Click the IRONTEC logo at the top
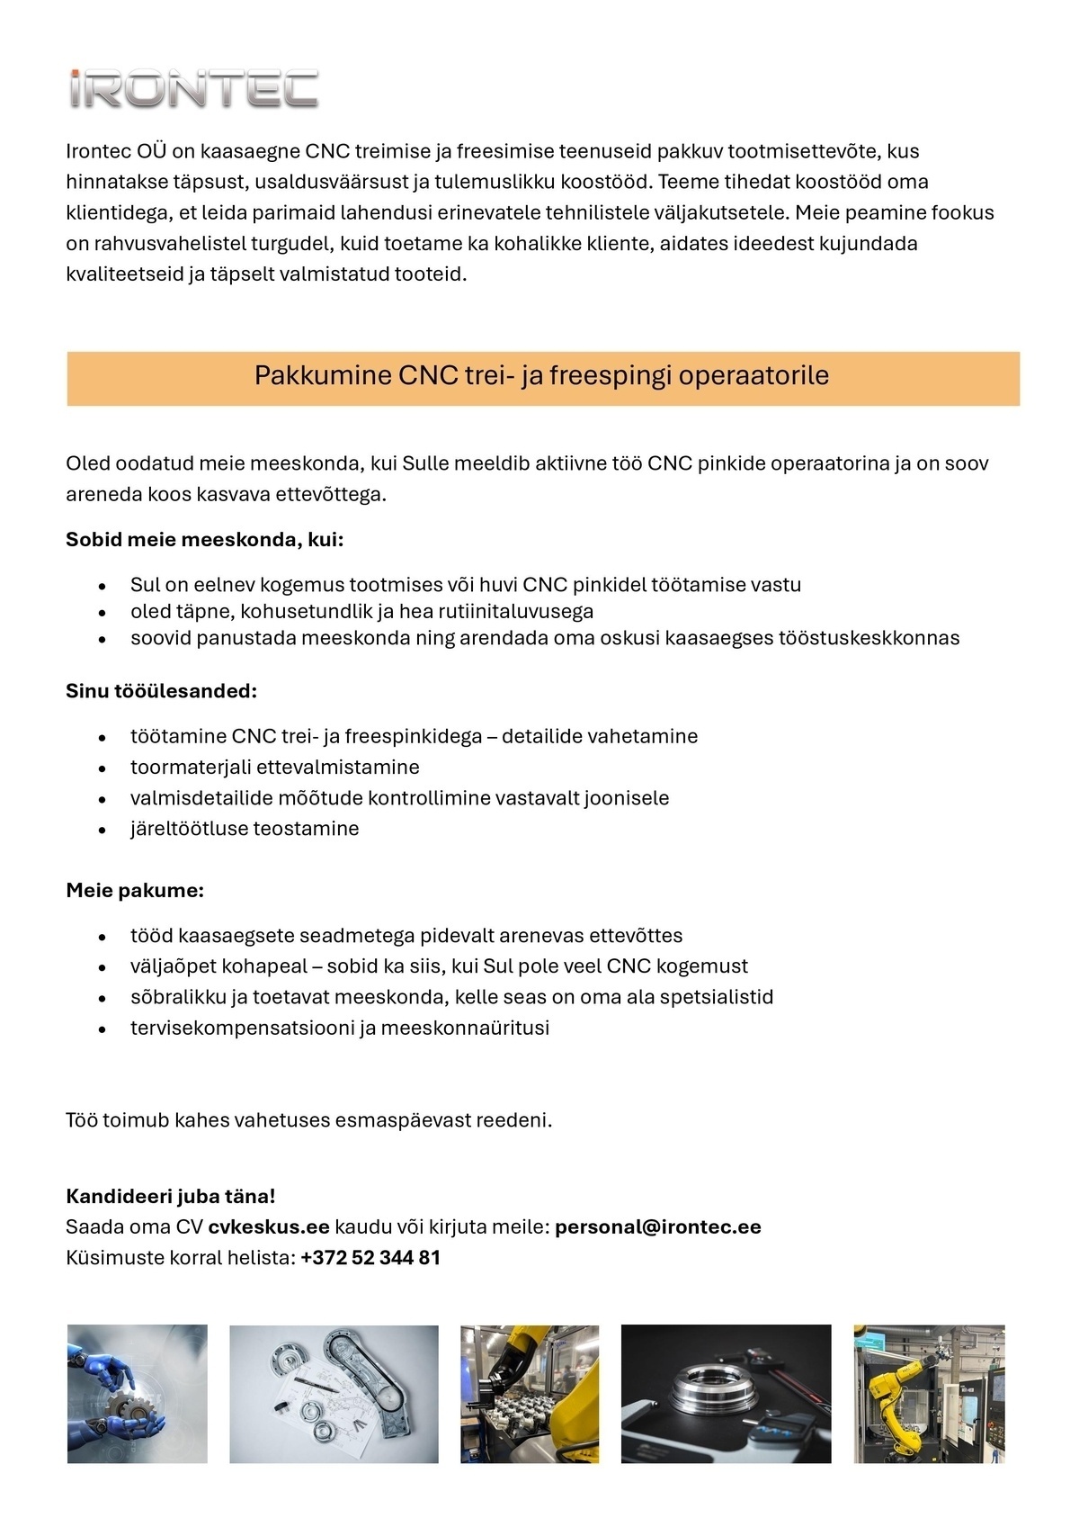click(193, 89)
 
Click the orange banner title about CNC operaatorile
click(541, 376)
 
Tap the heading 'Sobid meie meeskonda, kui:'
click(204, 540)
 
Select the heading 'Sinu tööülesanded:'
click(161, 691)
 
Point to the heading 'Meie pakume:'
click(135, 891)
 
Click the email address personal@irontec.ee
click(657, 1227)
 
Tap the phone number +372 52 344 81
click(370, 1258)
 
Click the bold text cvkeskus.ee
click(268, 1227)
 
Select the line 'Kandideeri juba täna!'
click(170, 1197)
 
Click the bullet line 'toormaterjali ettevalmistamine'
click(274, 768)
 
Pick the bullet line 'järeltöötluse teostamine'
click(244, 829)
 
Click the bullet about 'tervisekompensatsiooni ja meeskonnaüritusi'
click(339, 1028)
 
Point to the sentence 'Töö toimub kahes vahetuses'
click(308, 1121)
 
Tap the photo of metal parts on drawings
click(334, 1393)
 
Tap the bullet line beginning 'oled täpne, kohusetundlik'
click(361, 612)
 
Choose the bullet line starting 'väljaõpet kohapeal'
click(439, 966)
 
